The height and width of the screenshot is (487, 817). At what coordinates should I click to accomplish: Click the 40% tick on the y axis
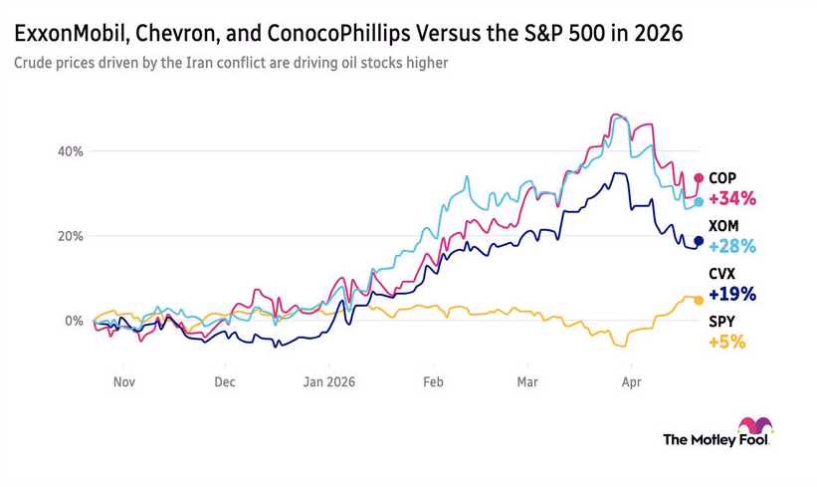(70, 151)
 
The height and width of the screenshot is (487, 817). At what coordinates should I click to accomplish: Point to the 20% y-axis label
(70, 236)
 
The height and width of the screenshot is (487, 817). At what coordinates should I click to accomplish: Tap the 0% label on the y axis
(74, 321)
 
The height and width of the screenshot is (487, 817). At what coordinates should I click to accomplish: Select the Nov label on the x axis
(123, 380)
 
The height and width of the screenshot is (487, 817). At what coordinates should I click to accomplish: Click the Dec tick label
(225, 380)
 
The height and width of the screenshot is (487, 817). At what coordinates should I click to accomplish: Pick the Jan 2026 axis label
(328, 380)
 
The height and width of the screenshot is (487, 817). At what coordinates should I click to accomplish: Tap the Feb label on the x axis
(432, 380)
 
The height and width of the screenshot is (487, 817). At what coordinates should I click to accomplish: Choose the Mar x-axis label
(527, 380)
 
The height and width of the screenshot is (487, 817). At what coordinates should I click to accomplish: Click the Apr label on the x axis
(630, 380)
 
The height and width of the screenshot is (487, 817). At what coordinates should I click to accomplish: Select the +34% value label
(732, 198)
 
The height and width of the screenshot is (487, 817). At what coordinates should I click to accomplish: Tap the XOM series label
(723, 226)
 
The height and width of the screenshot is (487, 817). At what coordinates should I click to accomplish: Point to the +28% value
(732, 246)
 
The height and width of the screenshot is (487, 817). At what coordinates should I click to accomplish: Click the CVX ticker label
(722, 274)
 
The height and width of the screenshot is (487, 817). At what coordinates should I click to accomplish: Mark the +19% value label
(732, 294)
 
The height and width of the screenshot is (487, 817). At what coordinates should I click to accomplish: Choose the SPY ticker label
(721, 322)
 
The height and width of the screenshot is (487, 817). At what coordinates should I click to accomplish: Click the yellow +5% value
(726, 342)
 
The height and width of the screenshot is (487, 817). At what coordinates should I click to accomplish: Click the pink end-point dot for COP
(699, 178)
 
